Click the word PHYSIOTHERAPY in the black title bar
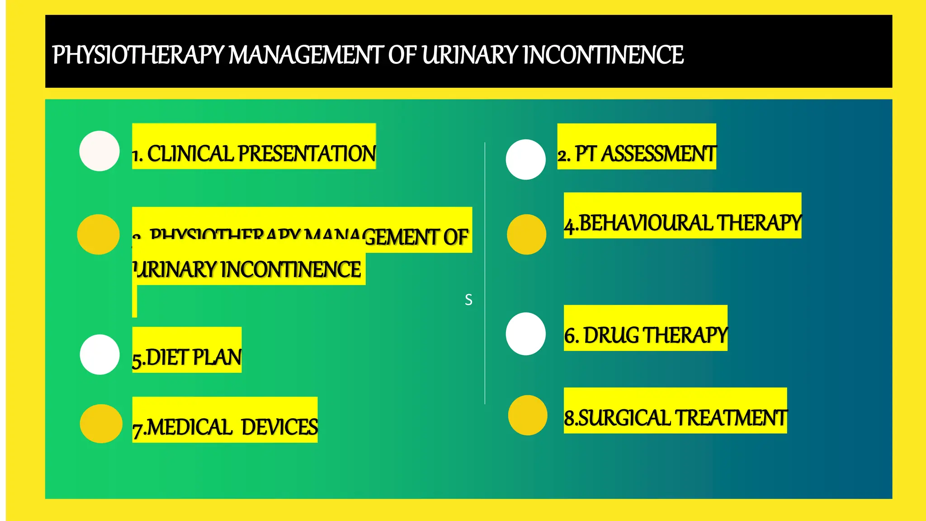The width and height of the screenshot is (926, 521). coord(138,55)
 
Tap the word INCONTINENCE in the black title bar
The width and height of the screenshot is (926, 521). coord(603,55)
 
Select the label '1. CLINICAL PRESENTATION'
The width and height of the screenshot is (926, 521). coord(254,153)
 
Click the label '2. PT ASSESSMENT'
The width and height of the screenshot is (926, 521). coord(637,154)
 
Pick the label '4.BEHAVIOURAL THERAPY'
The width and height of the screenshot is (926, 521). coord(682,223)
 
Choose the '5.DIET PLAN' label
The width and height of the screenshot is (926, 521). coord(187,357)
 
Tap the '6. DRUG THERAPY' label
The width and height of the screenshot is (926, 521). coord(646,335)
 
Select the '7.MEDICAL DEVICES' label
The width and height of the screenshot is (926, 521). coord(225,427)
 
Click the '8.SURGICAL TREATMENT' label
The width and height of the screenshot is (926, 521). coord(675,417)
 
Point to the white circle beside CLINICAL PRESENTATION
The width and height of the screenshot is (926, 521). coord(99,151)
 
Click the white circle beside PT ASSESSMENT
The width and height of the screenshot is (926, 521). coord(526,160)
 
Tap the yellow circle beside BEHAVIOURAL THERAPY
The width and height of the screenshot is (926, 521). coord(526,234)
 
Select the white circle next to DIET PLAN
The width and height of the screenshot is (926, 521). coord(100,355)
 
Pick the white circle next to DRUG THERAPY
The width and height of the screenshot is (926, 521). coord(526,334)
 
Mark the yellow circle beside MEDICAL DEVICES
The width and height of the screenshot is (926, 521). coord(101,424)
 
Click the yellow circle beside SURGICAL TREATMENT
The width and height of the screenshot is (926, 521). coord(528,415)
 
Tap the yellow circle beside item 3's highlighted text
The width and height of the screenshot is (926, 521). coord(98,234)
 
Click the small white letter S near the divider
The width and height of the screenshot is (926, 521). coord(468,300)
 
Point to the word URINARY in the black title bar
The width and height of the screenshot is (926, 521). coord(470,55)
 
